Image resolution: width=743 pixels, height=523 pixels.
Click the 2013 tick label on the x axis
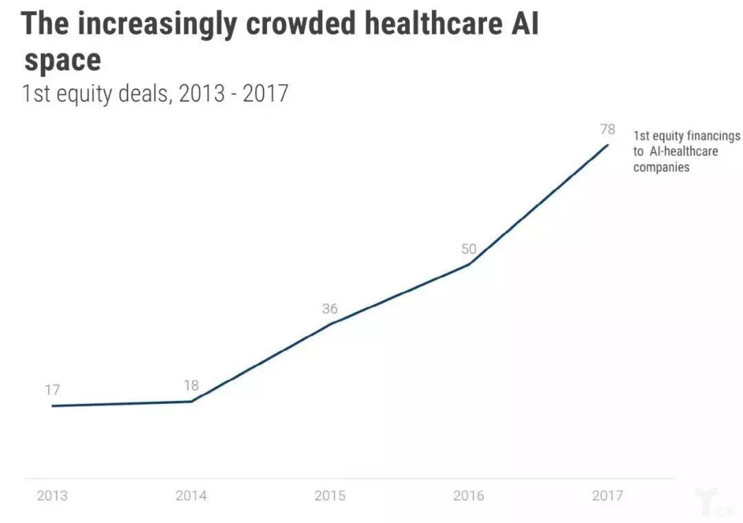click(52, 495)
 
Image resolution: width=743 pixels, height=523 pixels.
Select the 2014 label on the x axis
click(191, 495)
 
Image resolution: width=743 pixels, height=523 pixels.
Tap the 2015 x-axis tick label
click(330, 495)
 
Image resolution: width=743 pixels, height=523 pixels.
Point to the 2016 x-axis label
click(469, 495)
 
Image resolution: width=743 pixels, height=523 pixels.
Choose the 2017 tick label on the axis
click(607, 495)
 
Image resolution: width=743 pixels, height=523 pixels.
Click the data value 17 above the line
click(52, 390)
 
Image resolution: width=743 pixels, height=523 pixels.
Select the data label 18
click(191, 385)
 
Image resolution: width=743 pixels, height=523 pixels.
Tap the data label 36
click(330, 309)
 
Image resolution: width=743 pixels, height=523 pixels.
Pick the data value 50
click(469, 249)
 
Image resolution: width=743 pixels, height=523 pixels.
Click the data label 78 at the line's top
click(607, 129)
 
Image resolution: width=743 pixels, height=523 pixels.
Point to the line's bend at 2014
click(191, 401)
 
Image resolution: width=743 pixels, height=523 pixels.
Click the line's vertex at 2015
click(331, 323)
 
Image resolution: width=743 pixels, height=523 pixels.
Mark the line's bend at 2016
click(469, 264)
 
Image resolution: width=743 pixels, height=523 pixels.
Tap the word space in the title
click(63, 61)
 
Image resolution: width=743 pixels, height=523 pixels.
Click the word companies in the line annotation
click(661, 167)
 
